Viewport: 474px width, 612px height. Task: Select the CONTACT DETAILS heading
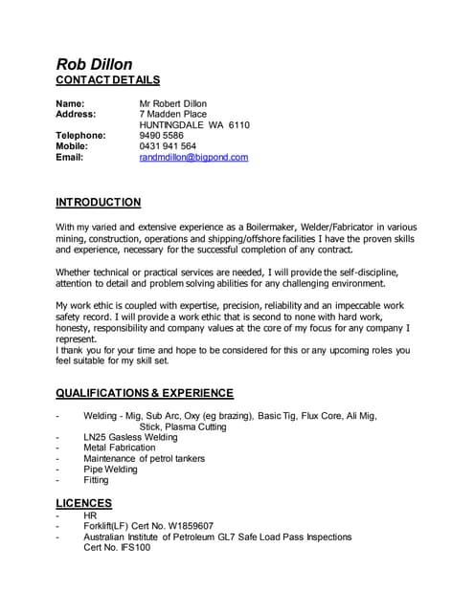[108, 80]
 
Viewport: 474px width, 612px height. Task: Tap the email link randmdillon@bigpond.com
[193, 157]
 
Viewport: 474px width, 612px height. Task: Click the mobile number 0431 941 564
[168, 146]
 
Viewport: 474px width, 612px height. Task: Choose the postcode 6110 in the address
[239, 125]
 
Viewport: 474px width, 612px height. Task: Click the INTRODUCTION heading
[99, 203]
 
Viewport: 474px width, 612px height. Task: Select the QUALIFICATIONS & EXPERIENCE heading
[144, 393]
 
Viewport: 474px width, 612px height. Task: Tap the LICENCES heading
[83, 503]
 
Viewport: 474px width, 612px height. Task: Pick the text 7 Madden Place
[172, 114]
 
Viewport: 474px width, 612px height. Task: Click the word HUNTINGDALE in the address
[175, 125]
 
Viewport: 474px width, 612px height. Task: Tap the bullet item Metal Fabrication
[119, 448]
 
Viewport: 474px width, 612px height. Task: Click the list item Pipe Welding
[110, 470]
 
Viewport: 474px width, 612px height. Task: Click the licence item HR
[90, 515]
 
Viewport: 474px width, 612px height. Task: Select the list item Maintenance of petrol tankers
[144, 459]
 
